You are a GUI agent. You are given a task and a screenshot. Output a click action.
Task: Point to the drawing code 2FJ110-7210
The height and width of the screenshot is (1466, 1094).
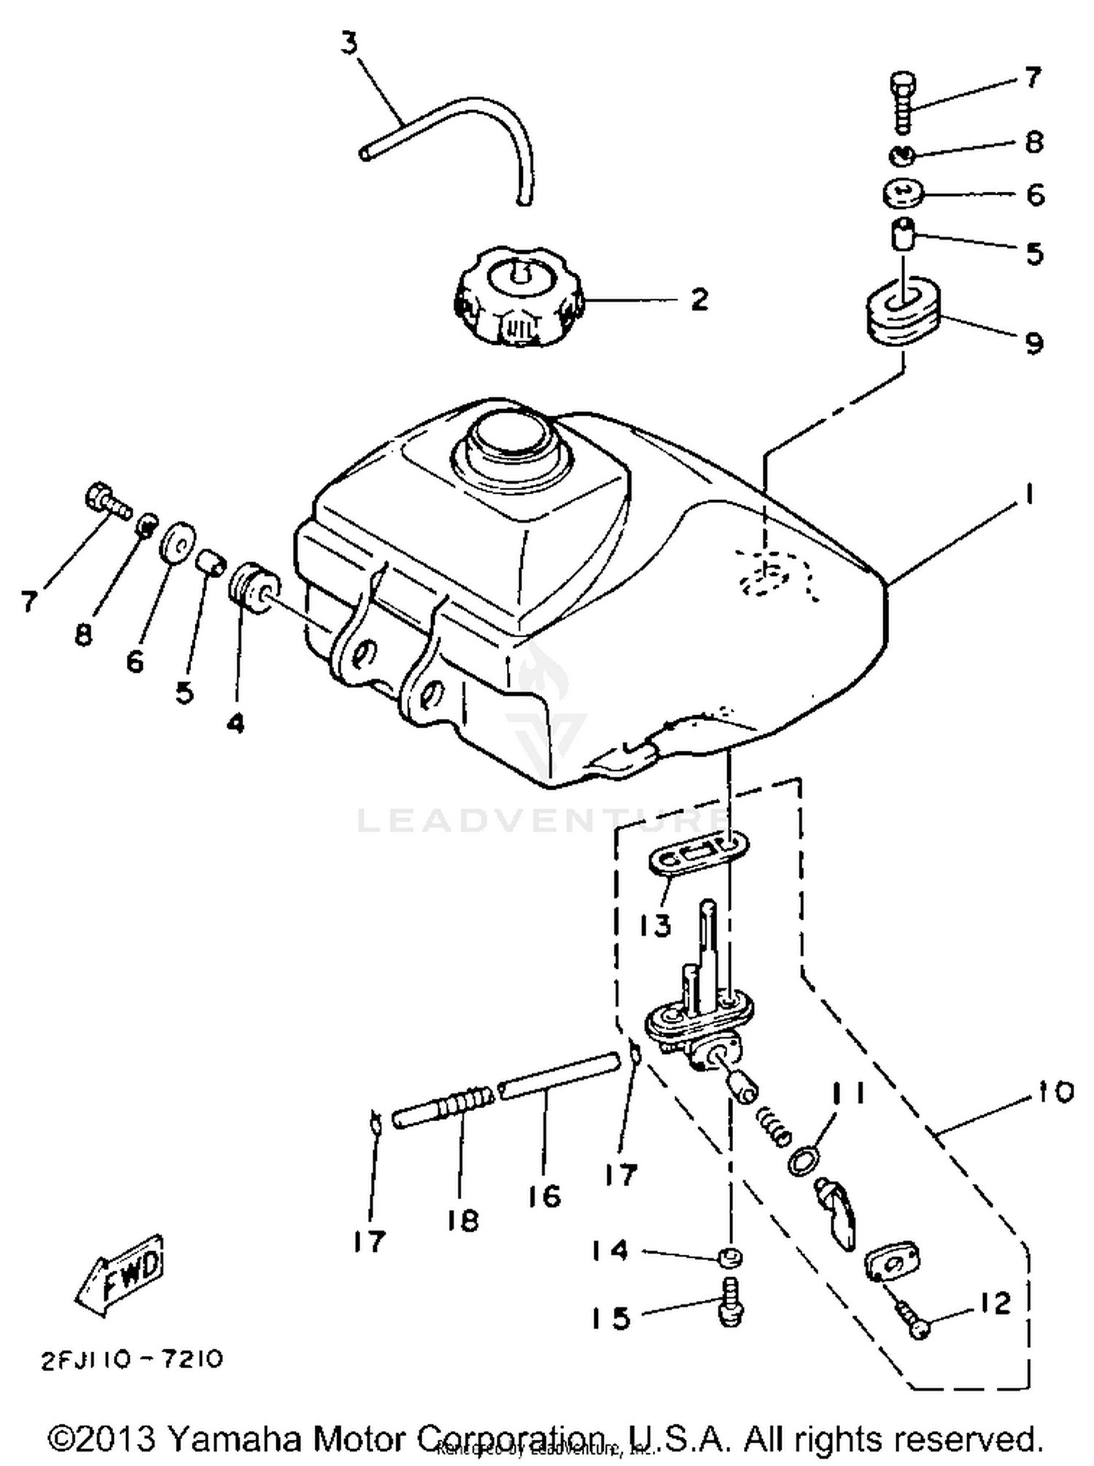pyautogui.click(x=132, y=1360)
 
